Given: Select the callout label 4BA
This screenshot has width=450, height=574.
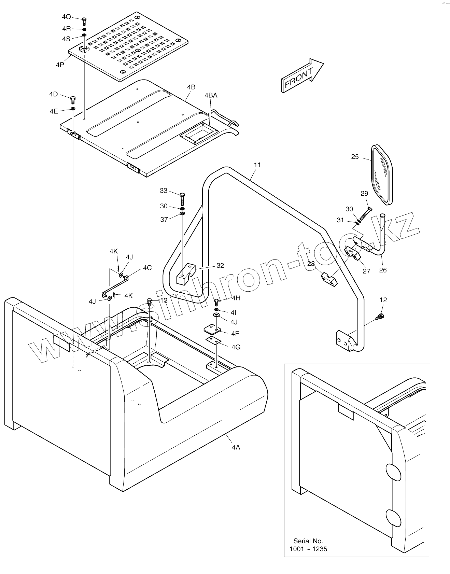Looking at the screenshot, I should [x=211, y=95].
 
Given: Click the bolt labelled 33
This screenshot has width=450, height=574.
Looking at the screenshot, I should [x=182, y=198].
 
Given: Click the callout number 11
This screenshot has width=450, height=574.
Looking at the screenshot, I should [x=257, y=165].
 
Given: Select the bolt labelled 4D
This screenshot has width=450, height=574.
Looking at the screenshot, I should [x=73, y=100].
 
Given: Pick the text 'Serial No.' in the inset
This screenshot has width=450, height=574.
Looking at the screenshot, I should [x=308, y=541].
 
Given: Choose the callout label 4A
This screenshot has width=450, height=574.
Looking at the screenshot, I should [x=236, y=447].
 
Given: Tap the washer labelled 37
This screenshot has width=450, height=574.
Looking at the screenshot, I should [x=182, y=214].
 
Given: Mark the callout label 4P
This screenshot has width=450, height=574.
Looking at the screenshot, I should [x=60, y=65].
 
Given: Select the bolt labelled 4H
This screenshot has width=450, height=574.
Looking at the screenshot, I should [x=216, y=302].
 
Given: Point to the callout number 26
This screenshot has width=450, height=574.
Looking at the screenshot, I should [x=383, y=270].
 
